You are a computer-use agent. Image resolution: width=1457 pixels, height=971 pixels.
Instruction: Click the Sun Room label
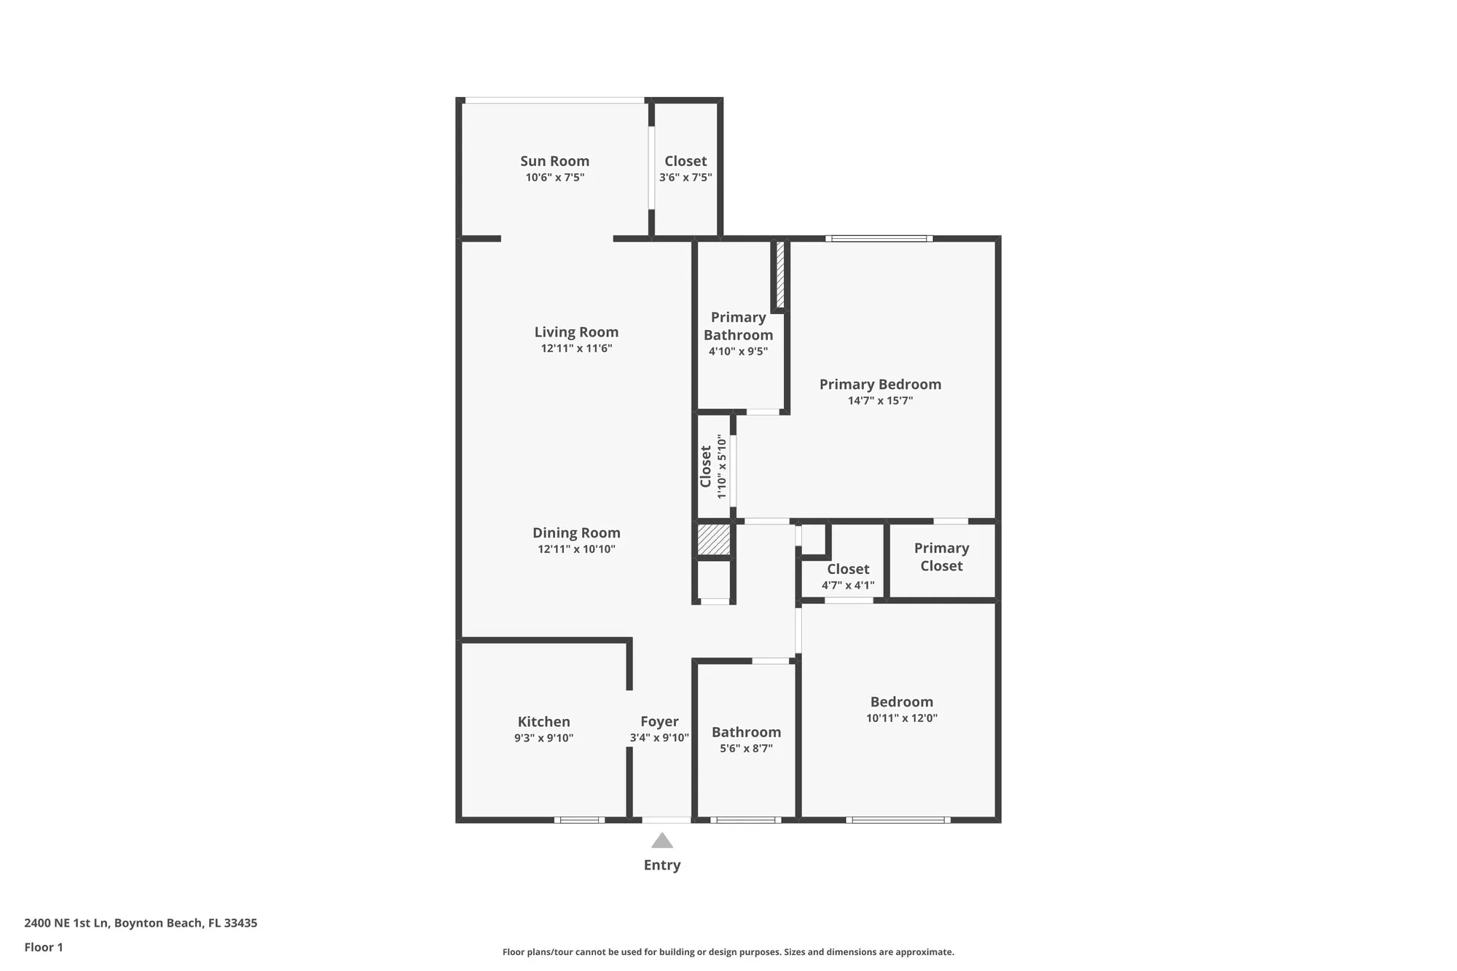pyautogui.click(x=554, y=161)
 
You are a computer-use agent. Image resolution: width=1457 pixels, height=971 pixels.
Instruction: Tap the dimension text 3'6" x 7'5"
pyautogui.click(x=686, y=178)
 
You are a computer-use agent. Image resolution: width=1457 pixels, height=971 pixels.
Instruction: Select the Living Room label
pyautogui.click(x=576, y=332)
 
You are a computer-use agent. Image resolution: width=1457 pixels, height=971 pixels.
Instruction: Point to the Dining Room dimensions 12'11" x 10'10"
pyautogui.click(x=576, y=549)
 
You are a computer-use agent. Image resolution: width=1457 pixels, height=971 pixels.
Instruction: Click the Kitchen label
pyautogui.click(x=543, y=722)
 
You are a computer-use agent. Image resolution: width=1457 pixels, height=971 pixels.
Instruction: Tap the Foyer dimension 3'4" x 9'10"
pyautogui.click(x=659, y=738)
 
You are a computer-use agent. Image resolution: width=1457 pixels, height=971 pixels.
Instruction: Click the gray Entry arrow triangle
pyautogui.click(x=661, y=841)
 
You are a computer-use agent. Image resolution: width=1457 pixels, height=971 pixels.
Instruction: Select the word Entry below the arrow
pyautogui.click(x=661, y=865)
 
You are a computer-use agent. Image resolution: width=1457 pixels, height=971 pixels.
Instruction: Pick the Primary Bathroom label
pyautogui.click(x=738, y=326)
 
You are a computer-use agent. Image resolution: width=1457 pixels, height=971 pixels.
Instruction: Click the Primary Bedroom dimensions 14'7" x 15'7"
pyautogui.click(x=880, y=401)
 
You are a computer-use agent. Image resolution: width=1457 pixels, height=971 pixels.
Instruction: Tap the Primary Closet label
pyautogui.click(x=941, y=557)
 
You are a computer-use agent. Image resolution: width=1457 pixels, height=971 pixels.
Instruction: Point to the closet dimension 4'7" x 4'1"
pyautogui.click(x=848, y=586)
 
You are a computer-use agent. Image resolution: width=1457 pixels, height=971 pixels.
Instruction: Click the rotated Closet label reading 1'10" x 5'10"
pyautogui.click(x=712, y=466)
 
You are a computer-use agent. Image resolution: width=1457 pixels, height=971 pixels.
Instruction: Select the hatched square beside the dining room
pyautogui.click(x=713, y=539)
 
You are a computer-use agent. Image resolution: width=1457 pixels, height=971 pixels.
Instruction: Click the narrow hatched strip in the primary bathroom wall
pyautogui.click(x=779, y=275)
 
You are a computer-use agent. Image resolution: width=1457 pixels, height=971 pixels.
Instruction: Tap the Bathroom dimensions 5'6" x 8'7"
pyautogui.click(x=746, y=749)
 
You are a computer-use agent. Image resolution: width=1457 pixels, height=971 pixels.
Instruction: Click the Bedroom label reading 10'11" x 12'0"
pyautogui.click(x=901, y=702)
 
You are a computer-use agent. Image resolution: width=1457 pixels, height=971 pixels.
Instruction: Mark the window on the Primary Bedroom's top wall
pyautogui.click(x=879, y=238)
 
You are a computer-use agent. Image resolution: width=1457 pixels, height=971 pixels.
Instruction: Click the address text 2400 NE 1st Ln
pyautogui.click(x=67, y=923)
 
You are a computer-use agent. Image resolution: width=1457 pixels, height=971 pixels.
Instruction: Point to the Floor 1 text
pyautogui.click(x=44, y=947)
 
